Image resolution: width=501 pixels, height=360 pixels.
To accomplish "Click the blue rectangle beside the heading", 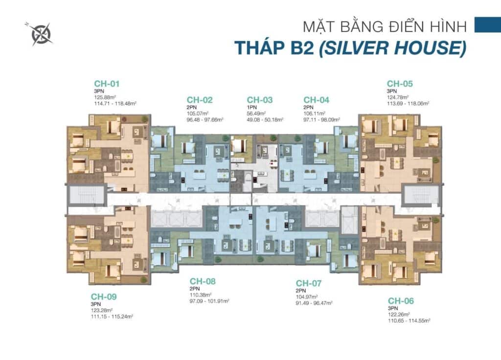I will point(487,25).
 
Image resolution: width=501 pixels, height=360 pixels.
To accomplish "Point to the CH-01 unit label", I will point(107,84).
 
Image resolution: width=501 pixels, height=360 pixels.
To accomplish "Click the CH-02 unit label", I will point(200,100).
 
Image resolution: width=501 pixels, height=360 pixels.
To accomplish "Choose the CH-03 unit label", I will point(259,100).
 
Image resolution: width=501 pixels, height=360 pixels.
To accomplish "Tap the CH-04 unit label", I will point(317,100).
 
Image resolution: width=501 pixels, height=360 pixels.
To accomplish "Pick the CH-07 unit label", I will point(309,283).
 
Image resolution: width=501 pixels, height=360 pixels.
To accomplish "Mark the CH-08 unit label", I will point(203,281).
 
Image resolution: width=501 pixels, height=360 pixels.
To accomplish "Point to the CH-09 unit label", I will point(104,296).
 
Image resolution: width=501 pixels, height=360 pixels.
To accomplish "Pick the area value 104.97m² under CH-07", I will point(307,297).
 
